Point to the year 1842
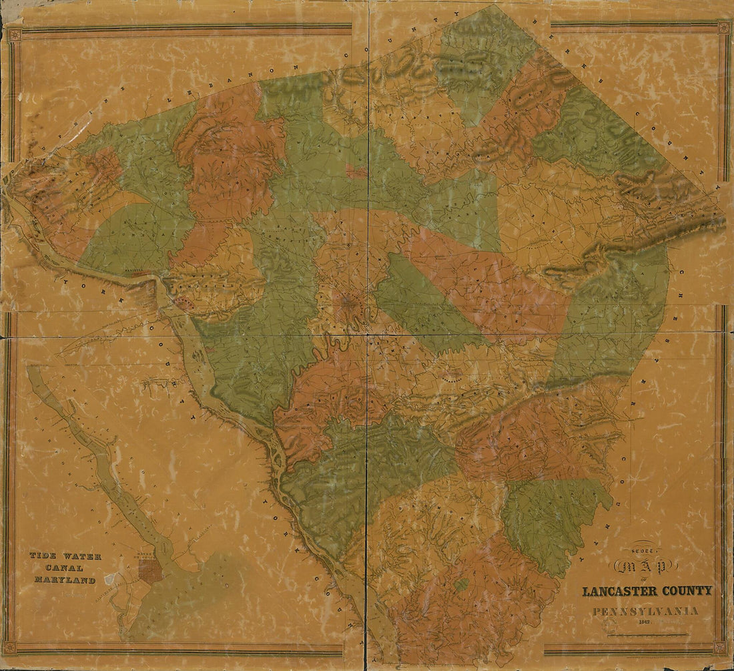coord(645,622)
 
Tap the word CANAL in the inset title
coord(64,568)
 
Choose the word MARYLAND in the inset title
coord(65,580)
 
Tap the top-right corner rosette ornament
coord(723,27)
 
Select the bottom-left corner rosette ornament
coord(9,647)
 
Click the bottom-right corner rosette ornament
coord(719,647)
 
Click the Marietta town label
coord(135,273)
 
